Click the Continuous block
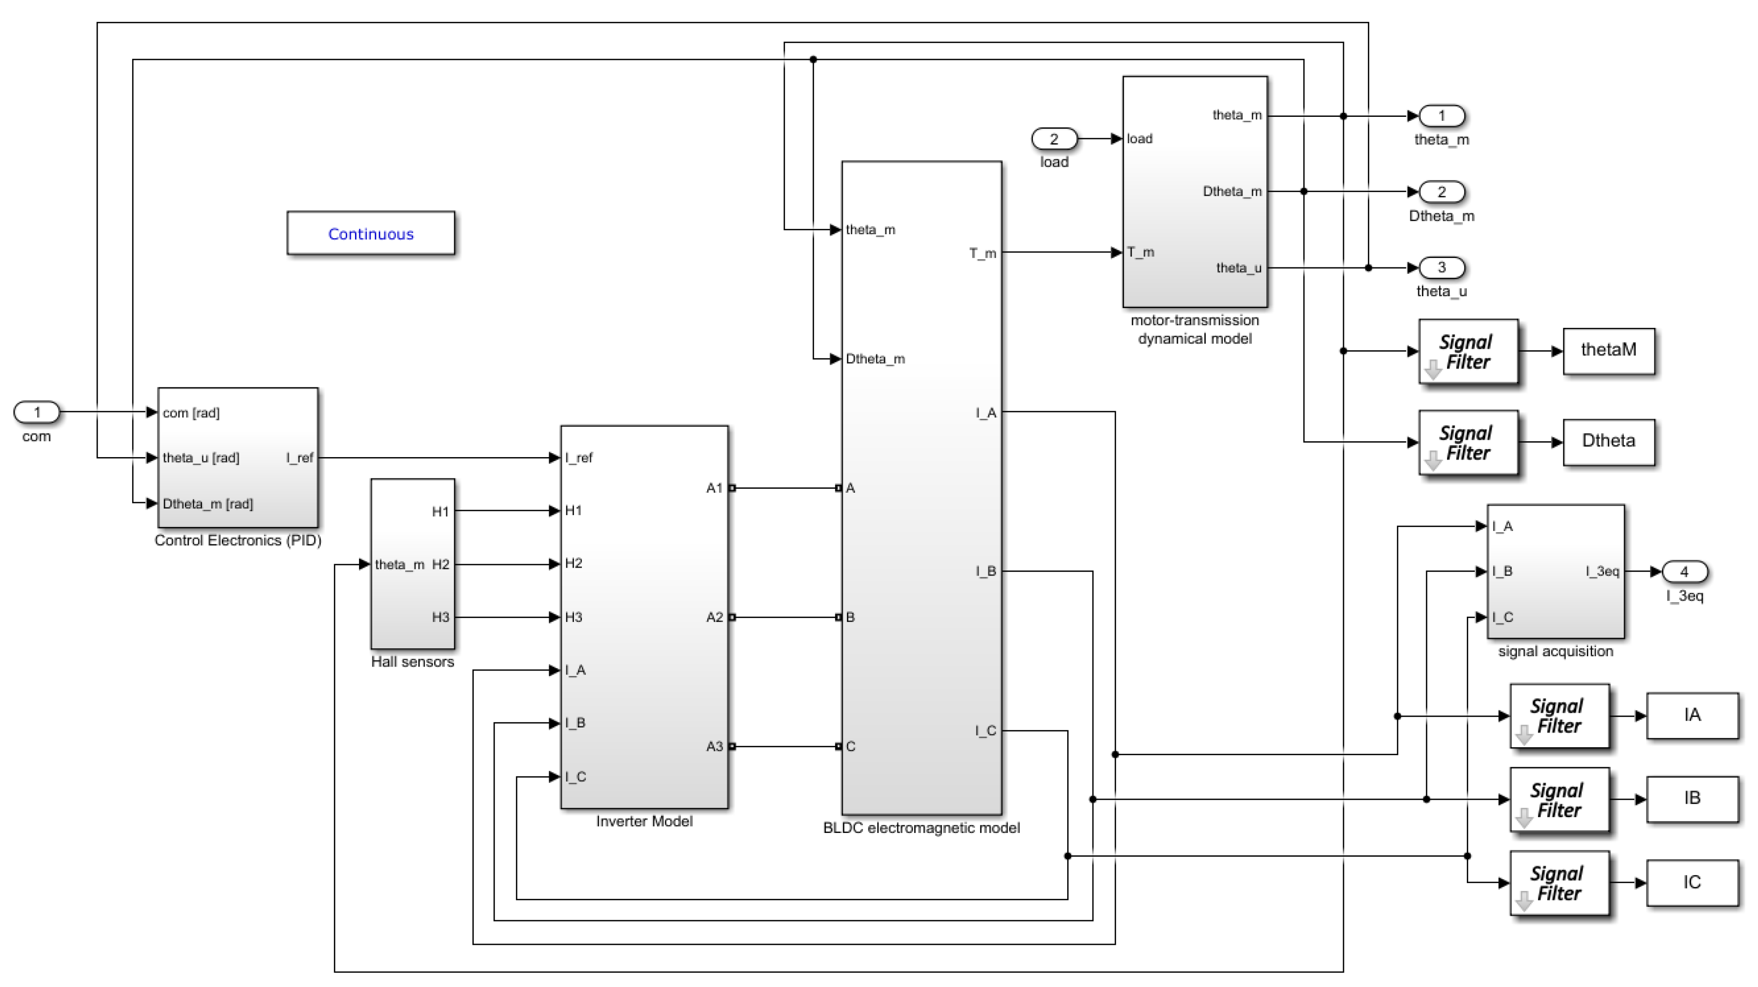pyautogui.click(x=370, y=233)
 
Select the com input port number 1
pyautogui.click(x=37, y=412)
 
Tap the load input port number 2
pyautogui.click(x=1054, y=139)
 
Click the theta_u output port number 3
pyautogui.click(x=1442, y=267)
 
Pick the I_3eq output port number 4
pyautogui.click(x=1684, y=572)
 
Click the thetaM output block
pyautogui.click(x=1608, y=350)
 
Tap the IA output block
pyautogui.click(x=1692, y=715)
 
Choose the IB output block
pyautogui.click(x=1692, y=799)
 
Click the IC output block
pyautogui.click(x=1692, y=883)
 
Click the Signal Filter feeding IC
pyautogui.click(x=1559, y=883)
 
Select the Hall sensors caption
pyautogui.click(x=412, y=662)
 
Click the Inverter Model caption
pyautogui.click(x=644, y=821)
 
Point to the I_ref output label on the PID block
pyautogui.click(x=300, y=458)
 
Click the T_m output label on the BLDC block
pyautogui.click(x=982, y=253)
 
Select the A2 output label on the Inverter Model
pyautogui.click(x=714, y=617)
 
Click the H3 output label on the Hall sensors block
pyautogui.click(x=440, y=617)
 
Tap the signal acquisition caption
pyautogui.click(x=1555, y=651)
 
